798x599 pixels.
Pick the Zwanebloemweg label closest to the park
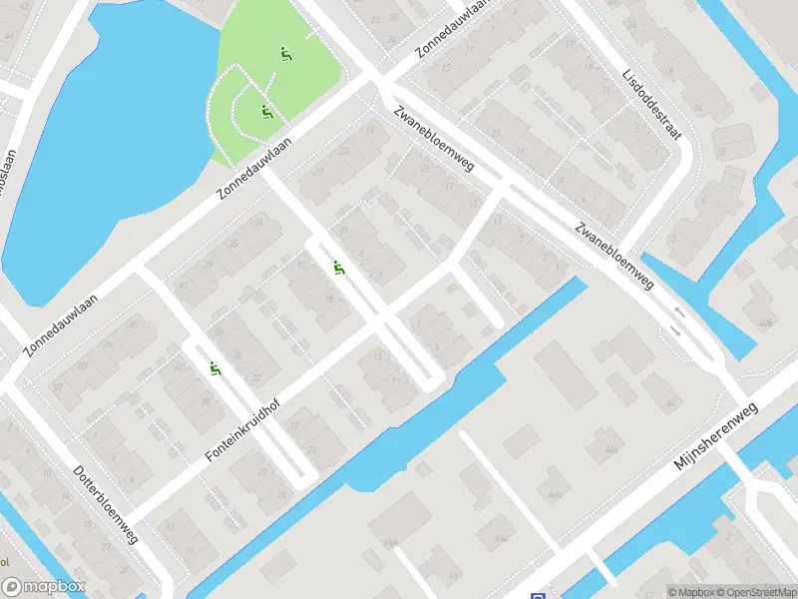pos(433,140)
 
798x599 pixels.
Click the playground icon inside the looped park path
pos(266,111)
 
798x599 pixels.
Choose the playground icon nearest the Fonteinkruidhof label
pos(214,369)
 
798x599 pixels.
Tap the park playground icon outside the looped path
pos(285,54)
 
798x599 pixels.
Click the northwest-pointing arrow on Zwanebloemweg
pos(680,312)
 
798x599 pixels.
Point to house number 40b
pos(765,323)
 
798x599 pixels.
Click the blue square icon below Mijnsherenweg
pos(539,593)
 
